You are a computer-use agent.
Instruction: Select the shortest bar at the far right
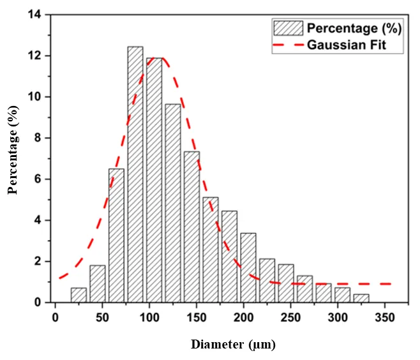pos(361,298)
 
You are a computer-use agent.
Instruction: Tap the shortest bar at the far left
pos(79,295)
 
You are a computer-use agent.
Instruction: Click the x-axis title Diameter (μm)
pos(234,345)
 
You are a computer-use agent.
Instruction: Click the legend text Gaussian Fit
pos(346,45)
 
